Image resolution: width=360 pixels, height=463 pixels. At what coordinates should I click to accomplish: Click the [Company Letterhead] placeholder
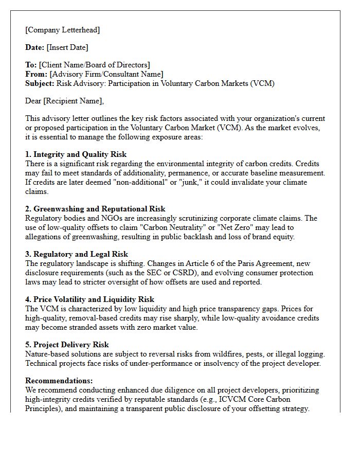(63, 30)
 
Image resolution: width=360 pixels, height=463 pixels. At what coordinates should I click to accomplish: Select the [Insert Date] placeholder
(67, 47)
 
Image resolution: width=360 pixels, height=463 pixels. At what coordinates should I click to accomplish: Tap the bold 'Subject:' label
(40, 83)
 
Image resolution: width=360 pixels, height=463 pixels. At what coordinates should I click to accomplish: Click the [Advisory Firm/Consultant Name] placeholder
(106, 74)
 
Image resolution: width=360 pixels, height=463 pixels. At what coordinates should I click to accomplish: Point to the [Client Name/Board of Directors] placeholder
(95, 65)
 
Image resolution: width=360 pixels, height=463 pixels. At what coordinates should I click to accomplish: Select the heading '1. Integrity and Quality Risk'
(76, 154)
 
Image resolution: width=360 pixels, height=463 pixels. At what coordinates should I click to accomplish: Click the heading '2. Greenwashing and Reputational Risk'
(95, 209)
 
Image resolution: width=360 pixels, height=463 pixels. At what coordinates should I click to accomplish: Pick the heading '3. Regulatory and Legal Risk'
(77, 254)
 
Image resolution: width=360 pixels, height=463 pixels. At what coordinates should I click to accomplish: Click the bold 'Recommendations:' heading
(59, 381)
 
